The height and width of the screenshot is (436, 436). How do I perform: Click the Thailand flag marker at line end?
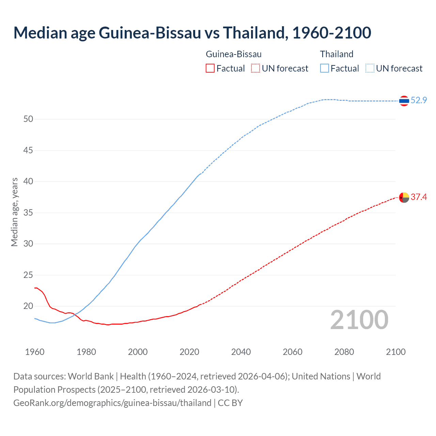(x=404, y=101)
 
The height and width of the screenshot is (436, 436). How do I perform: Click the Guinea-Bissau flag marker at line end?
(x=404, y=197)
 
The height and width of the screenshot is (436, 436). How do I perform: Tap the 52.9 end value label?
(x=419, y=100)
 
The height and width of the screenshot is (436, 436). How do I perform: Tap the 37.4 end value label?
(x=419, y=197)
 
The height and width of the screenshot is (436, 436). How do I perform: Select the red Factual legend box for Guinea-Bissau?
(x=210, y=68)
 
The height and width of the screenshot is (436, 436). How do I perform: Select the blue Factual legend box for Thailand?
(x=325, y=68)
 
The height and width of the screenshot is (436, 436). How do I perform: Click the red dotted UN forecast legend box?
(x=255, y=68)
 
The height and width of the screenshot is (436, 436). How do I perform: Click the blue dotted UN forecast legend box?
(x=370, y=68)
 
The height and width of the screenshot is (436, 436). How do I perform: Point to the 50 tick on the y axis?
(x=28, y=119)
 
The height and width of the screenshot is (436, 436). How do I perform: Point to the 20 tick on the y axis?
(x=28, y=306)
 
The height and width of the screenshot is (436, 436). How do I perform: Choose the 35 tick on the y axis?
(x=28, y=213)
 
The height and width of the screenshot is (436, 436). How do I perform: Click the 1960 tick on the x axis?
(x=35, y=352)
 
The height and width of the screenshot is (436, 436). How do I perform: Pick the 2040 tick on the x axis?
(x=241, y=352)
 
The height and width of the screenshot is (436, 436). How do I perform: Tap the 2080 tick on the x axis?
(x=344, y=352)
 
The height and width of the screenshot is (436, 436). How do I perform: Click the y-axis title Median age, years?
(x=14, y=212)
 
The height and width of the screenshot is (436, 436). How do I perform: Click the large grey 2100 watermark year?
(x=359, y=320)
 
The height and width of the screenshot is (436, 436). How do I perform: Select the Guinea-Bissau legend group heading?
(x=234, y=54)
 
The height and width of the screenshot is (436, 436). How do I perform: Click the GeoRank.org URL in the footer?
(x=112, y=403)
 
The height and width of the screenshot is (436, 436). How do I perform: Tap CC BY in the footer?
(x=230, y=403)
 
